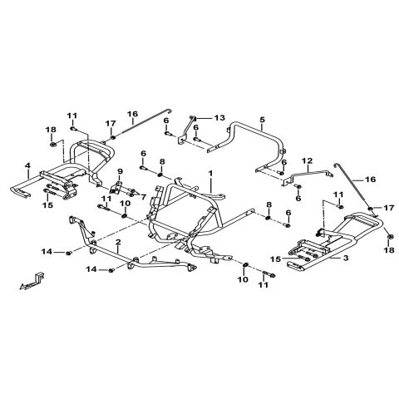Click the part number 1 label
pyautogui.click(x=210, y=174)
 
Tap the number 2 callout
pyautogui.click(x=118, y=243)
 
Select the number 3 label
pyautogui.click(x=345, y=258)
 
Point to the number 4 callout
pyautogui.click(x=27, y=165)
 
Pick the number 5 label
pyautogui.click(x=263, y=120)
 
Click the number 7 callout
pyautogui.click(x=143, y=197)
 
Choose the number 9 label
pyautogui.click(x=120, y=171)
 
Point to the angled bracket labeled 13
pyautogui.click(x=186, y=130)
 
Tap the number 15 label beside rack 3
pyautogui.click(x=275, y=259)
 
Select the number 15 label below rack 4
pyautogui.click(x=47, y=205)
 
